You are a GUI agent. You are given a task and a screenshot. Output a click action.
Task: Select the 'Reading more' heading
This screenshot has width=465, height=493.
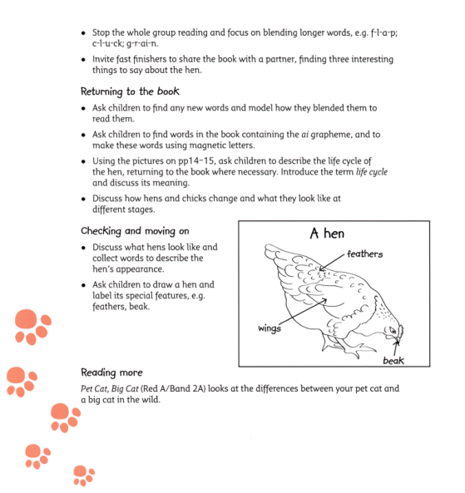[x=111, y=372]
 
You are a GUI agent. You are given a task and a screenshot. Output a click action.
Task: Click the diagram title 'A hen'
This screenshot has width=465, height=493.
[x=327, y=235]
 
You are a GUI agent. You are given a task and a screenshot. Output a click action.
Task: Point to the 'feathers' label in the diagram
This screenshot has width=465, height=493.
[x=365, y=254]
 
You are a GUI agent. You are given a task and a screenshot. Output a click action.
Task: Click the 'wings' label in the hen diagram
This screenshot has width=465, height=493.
[x=269, y=328]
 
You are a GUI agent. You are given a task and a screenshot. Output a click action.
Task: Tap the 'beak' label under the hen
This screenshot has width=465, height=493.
[x=393, y=361]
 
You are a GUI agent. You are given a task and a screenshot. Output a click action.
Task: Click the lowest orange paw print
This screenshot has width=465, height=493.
[x=82, y=475]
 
